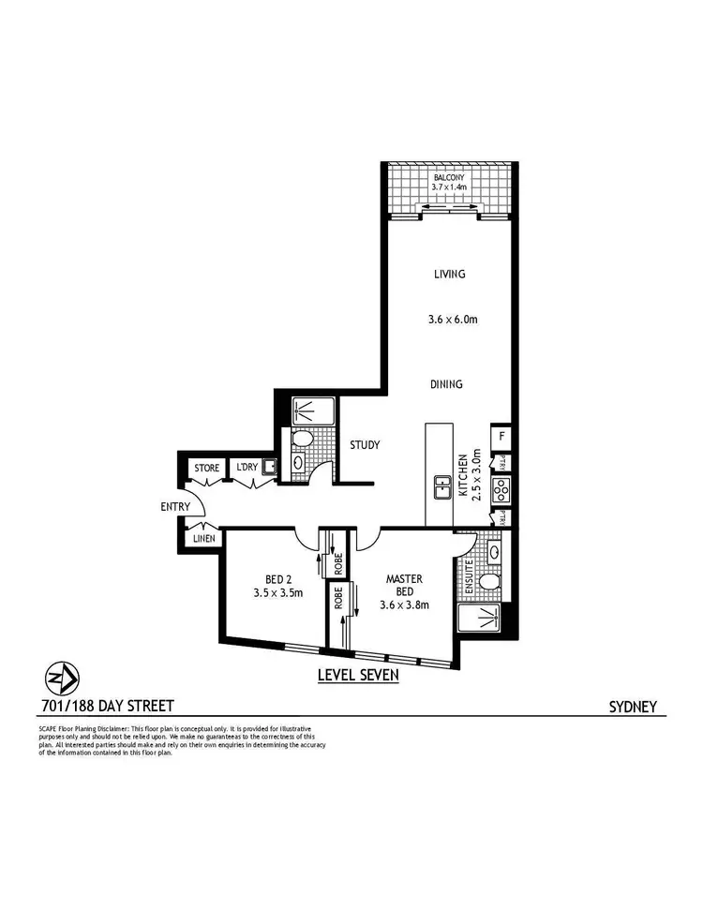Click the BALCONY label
[x=449, y=176]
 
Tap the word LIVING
[x=449, y=274]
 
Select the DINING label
[x=446, y=384]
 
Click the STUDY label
[x=364, y=445]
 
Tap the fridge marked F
[x=501, y=436]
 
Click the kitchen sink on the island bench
[x=440, y=486]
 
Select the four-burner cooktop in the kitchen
[x=501, y=488]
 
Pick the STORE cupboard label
[x=206, y=468]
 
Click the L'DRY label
[x=247, y=468]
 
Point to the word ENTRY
[x=175, y=507]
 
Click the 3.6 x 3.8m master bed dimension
[x=404, y=604]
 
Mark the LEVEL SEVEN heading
[x=358, y=675]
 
